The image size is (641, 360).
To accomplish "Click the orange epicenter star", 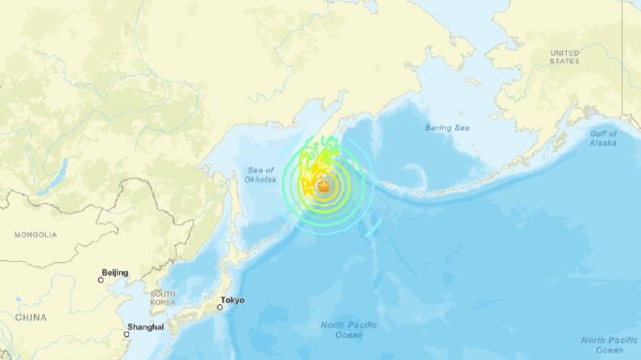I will tap(322, 187).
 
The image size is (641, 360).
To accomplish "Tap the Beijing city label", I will tap(115, 273).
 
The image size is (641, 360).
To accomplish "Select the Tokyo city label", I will tap(233, 300).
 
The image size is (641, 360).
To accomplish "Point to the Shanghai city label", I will tap(147, 327).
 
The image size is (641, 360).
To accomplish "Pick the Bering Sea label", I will tap(447, 127).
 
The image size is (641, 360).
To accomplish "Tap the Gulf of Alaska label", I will tap(603, 138).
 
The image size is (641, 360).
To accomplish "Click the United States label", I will tap(565, 56).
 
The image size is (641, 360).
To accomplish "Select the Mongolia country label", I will tap(36, 235).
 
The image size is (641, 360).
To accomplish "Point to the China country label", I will tap(31, 317).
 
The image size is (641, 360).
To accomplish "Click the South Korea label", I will tap(163, 298).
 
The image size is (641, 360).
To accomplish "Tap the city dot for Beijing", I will tap(101, 280).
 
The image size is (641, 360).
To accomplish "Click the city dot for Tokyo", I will tap(220, 307).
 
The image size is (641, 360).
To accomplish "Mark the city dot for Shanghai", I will tap(127, 334).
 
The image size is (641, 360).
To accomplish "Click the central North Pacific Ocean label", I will tap(342, 330).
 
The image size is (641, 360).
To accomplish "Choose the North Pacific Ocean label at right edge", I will tap(608, 344).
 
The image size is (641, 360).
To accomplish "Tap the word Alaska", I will tap(603, 144).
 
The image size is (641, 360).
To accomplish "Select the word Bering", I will tap(438, 127).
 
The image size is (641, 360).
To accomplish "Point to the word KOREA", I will tap(163, 302).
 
